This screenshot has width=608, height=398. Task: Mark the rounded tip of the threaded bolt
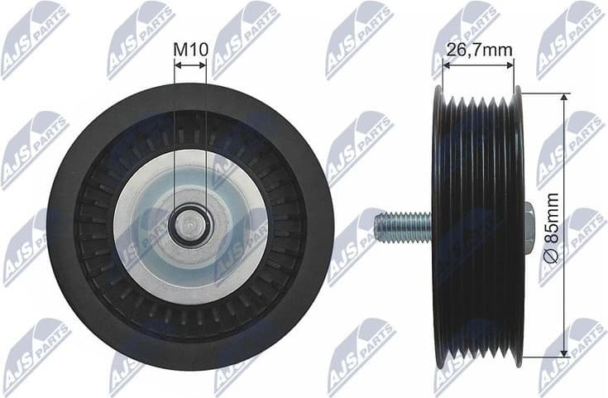coord(377,226)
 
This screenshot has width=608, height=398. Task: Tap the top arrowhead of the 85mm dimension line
coord(565,97)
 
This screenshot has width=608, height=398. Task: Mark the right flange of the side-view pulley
coord(518,165)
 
